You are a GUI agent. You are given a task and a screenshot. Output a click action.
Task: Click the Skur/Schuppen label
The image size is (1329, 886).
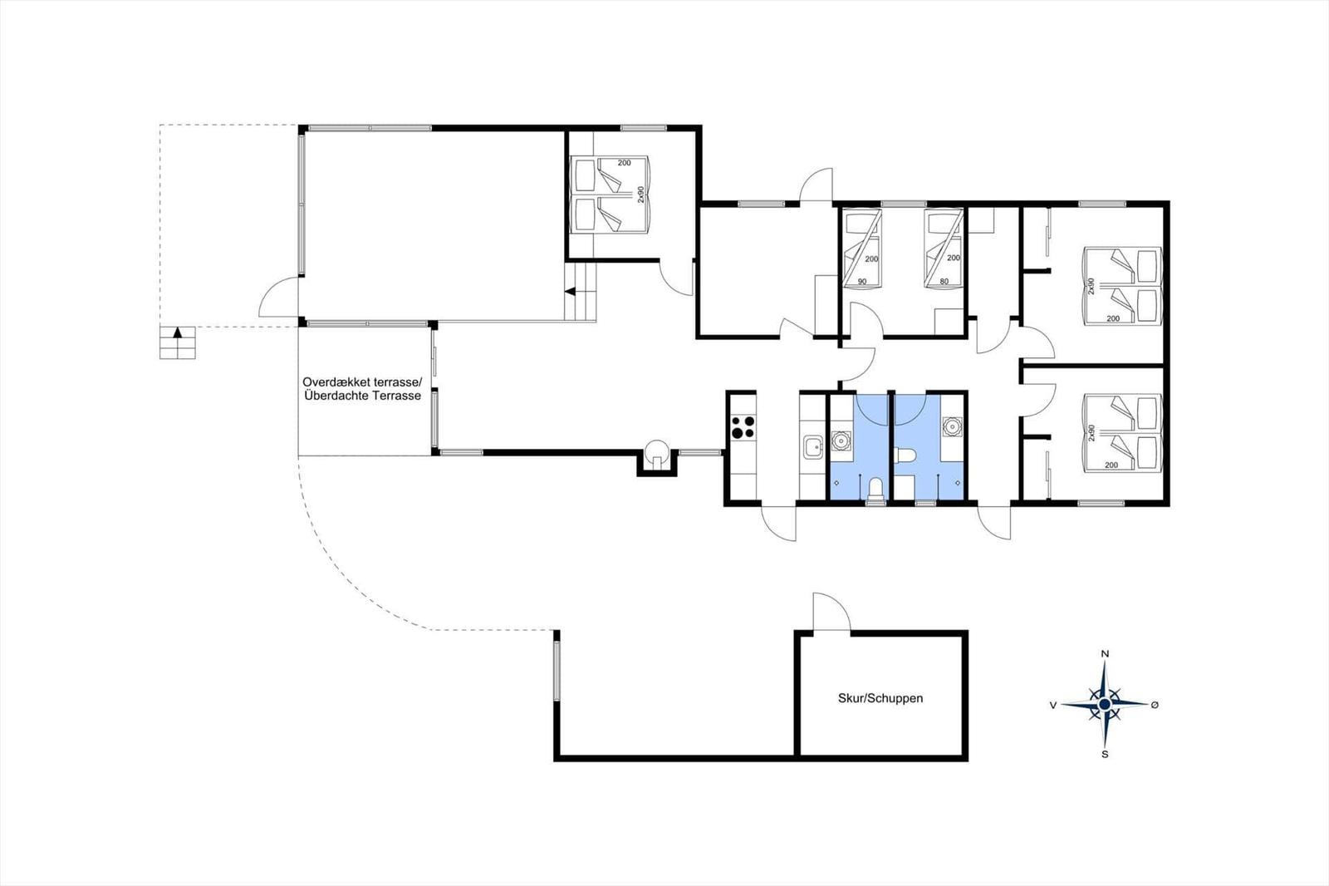coord(880,698)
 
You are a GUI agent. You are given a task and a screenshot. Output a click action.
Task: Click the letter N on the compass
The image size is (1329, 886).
coord(1105,654)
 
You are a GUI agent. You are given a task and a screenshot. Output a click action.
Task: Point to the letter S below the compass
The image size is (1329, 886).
coord(1105,754)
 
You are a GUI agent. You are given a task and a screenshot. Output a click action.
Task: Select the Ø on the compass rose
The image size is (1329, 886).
coord(1155,705)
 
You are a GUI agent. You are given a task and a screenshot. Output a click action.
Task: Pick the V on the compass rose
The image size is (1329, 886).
coord(1053,705)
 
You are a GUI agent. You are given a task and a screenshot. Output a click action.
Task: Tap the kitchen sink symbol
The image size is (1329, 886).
coord(812,447)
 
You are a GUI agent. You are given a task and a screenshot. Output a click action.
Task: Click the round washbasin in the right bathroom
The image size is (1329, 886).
coord(952,426)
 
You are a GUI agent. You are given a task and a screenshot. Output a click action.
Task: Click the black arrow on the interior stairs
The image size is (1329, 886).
coord(570,292)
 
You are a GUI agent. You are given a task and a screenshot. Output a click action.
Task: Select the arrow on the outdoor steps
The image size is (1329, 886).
coord(178,332)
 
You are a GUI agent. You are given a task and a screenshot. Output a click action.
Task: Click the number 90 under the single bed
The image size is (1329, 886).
coord(861,282)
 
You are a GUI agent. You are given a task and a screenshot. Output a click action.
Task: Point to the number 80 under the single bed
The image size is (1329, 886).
coord(944,282)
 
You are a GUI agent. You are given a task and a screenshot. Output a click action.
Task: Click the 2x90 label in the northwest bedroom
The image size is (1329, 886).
coord(640,194)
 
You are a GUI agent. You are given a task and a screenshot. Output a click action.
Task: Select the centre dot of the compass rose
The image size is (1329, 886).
coord(1105,704)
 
